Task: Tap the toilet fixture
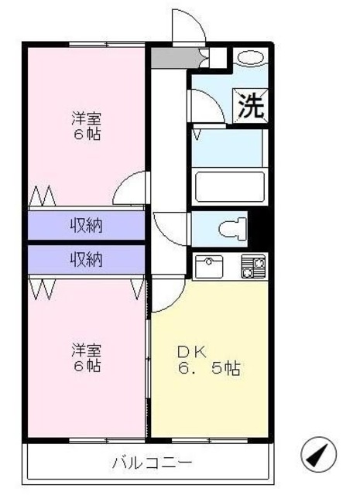[233, 227]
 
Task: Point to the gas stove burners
[253, 266]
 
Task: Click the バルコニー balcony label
[152, 464]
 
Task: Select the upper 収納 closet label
[87, 226]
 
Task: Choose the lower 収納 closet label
[87, 260]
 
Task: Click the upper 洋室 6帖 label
[87, 126]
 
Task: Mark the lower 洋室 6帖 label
[87, 357]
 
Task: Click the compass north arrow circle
[319, 456]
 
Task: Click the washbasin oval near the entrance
[249, 57]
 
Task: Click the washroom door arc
[203, 104]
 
